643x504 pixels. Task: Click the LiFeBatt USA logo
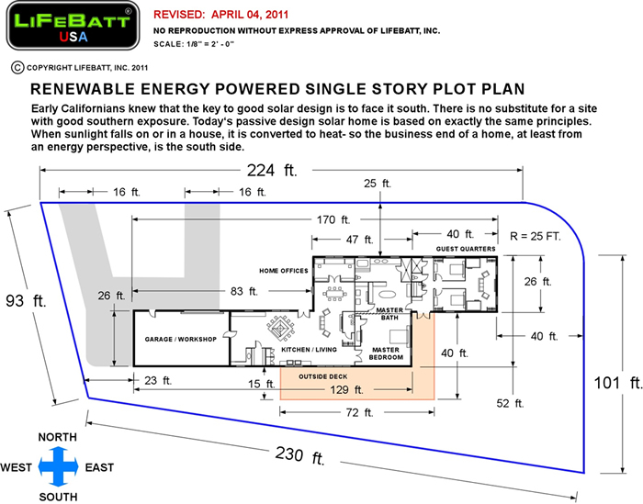click(x=73, y=26)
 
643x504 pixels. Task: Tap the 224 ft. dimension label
click(x=272, y=170)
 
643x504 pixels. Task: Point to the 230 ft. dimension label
click(x=299, y=455)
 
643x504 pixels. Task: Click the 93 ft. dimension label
click(x=26, y=301)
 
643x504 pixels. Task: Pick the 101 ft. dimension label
click(x=618, y=383)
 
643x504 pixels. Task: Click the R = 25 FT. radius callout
click(x=536, y=237)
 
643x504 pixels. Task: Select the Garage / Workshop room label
click(x=180, y=340)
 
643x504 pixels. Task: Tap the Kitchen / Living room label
click(x=309, y=350)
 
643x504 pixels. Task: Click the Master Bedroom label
click(x=386, y=353)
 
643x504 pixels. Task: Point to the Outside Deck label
click(x=323, y=376)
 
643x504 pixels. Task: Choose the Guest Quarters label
click(x=466, y=249)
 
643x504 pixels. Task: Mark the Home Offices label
click(x=283, y=271)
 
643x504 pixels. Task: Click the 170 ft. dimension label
click(x=333, y=220)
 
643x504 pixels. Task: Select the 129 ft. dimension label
click(x=347, y=389)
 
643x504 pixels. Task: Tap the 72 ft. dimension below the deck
click(x=359, y=412)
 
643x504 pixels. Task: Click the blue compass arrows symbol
click(x=58, y=466)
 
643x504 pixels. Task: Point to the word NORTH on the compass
click(x=57, y=437)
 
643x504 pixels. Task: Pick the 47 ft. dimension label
click(x=359, y=240)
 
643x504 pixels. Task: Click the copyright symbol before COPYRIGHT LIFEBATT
click(x=17, y=68)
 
